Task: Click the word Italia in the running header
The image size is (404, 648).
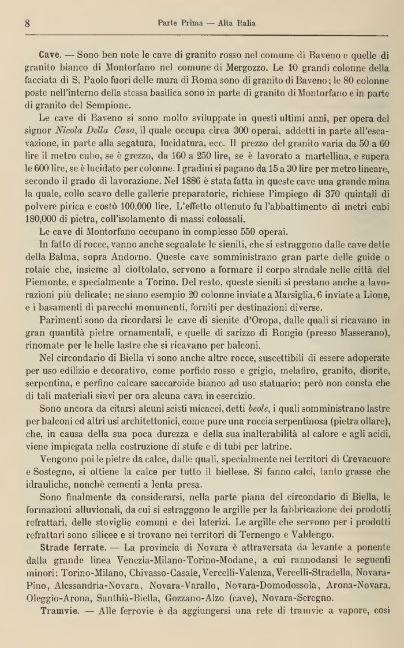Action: point(244,24)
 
